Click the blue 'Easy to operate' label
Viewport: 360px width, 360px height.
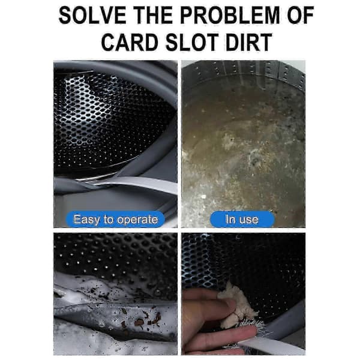click(x=115, y=219)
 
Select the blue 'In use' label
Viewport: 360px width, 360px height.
click(x=242, y=219)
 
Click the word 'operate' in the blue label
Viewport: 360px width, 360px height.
click(x=137, y=220)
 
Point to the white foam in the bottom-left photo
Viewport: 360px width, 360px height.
click(x=92, y=289)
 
